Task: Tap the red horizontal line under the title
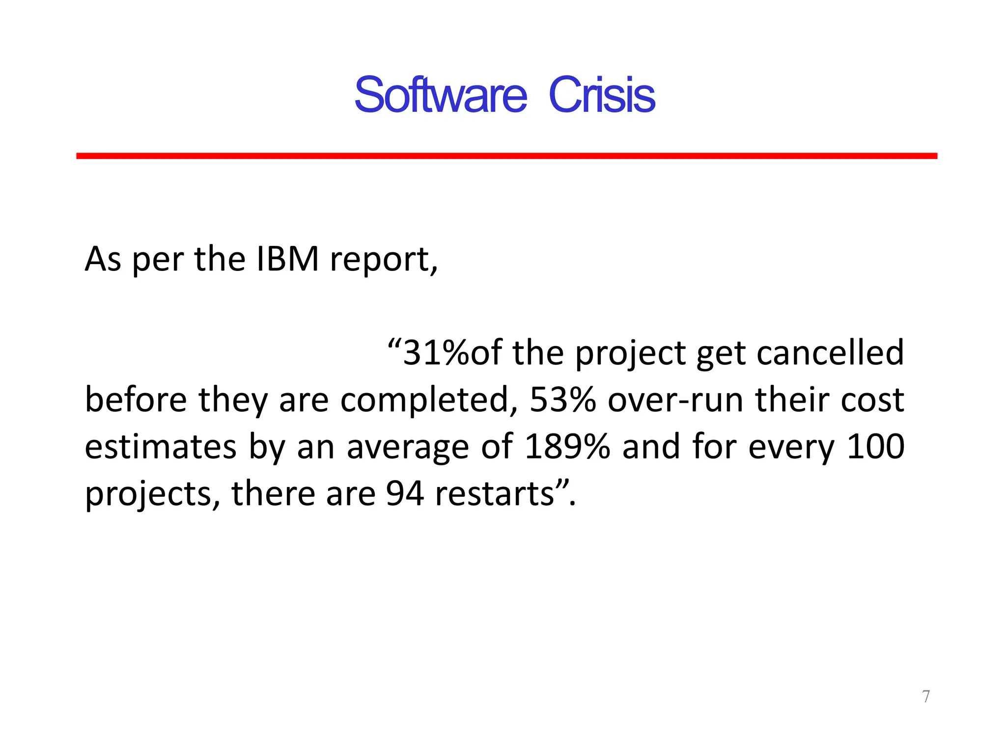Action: (x=506, y=156)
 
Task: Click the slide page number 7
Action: (x=926, y=696)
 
